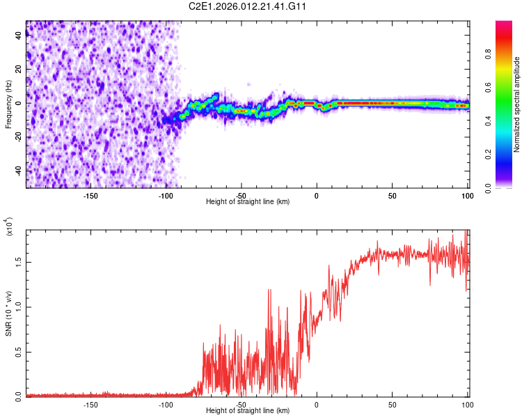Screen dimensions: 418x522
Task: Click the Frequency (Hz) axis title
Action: [x=9, y=104]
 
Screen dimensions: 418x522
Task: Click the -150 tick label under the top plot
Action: [x=90, y=196]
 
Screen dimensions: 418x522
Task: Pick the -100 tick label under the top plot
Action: [x=166, y=196]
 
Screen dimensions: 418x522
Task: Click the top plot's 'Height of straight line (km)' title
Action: [x=248, y=201]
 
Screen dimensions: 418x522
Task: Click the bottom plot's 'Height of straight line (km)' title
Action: [x=248, y=410]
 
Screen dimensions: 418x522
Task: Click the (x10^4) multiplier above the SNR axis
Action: [x=9, y=227]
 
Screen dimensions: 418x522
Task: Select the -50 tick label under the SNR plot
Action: [x=241, y=404]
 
